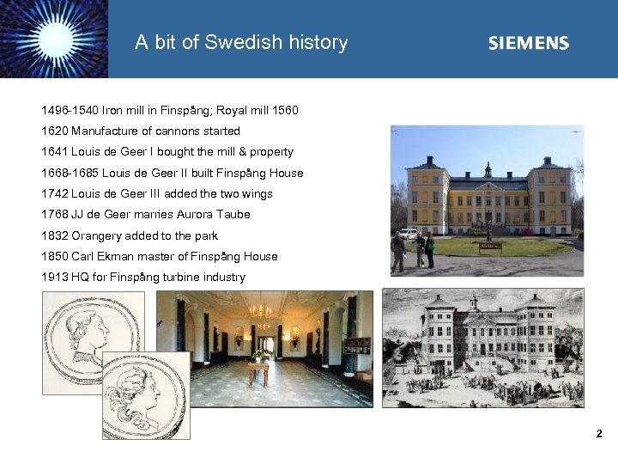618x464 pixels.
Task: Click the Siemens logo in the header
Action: click(x=528, y=43)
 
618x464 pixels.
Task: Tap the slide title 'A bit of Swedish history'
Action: click(x=241, y=42)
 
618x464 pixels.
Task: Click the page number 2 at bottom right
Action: click(x=600, y=434)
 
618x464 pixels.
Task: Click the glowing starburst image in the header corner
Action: click(x=53, y=39)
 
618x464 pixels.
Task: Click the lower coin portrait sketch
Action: click(x=146, y=396)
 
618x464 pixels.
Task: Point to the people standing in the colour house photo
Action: click(x=423, y=248)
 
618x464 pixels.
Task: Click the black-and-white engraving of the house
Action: click(x=482, y=347)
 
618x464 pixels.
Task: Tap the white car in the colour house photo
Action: click(x=406, y=234)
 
